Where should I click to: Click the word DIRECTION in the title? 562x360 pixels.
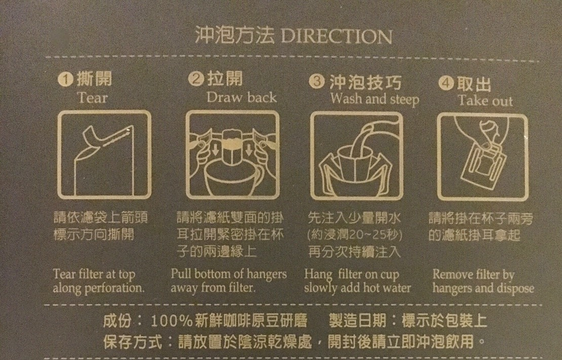337,36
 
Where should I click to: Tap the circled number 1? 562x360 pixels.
65,79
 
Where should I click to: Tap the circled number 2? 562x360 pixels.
195,79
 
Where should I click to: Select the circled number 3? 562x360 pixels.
317,81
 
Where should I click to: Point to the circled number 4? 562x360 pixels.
446,83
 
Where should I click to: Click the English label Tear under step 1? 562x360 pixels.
92,98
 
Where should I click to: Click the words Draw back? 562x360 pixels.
242,97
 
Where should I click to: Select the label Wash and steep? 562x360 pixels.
375,99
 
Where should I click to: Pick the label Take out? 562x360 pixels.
485,101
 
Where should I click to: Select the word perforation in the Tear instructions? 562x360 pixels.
114,288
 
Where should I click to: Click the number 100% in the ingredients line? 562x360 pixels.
172,321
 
